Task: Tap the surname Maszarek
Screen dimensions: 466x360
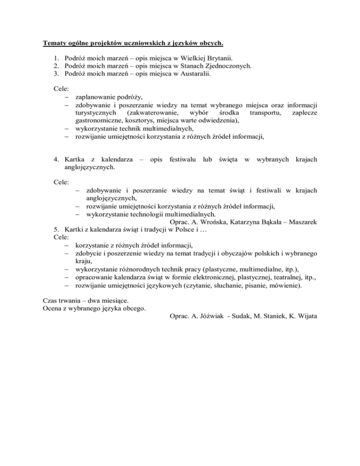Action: [302, 221]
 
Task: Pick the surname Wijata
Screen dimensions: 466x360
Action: [305, 316]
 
